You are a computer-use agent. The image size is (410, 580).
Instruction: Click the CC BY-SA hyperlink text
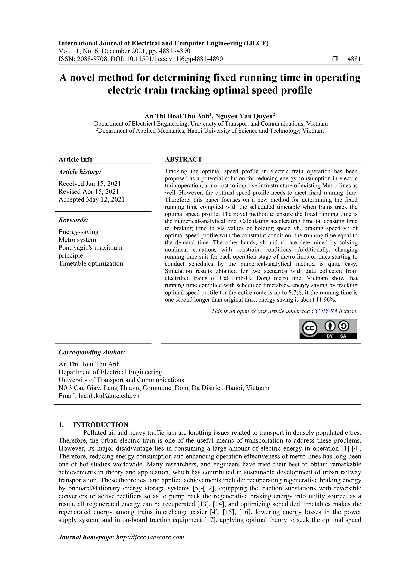[x=324, y=311]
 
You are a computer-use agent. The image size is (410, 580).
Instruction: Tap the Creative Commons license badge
[x=328, y=329]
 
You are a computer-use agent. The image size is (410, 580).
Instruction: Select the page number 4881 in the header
[x=354, y=59]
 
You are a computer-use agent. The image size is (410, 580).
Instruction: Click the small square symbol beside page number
[x=335, y=59]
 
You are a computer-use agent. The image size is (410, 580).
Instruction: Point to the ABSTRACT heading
[x=183, y=159]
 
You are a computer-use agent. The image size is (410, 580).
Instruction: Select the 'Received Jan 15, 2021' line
[x=89, y=183]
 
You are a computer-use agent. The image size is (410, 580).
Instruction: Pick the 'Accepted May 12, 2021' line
[x=91, y=199]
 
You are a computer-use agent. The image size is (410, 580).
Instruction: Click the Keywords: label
[x=73, y=220]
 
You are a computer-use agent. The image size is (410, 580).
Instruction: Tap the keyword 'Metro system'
[x=77, y=240]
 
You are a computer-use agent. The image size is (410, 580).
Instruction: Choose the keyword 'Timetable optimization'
[x=91, y=263]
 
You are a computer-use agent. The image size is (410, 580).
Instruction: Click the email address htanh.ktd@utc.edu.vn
[x=109, y=396]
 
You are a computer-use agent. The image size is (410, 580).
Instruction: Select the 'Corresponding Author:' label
[x=92, y=352]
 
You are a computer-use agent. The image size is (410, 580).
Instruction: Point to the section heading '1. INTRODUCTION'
[x=93, y=425]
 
